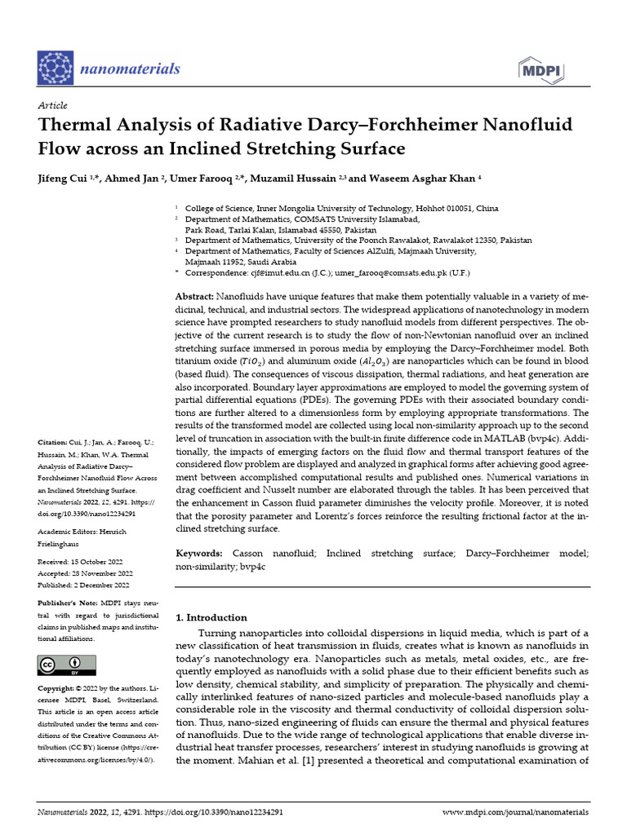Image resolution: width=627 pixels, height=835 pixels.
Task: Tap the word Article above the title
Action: pos(52,106)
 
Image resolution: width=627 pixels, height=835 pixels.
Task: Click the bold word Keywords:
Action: pos(199,554)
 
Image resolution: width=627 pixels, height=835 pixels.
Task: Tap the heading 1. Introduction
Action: pos(211,617)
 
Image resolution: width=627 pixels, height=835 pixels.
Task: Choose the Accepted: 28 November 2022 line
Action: pos(85,573)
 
